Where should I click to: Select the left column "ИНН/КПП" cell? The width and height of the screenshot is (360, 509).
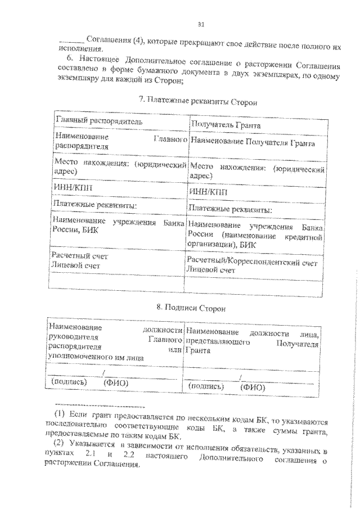click(x=70, y=188)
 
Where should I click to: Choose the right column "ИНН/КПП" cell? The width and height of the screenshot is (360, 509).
click(x=209, y=191)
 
